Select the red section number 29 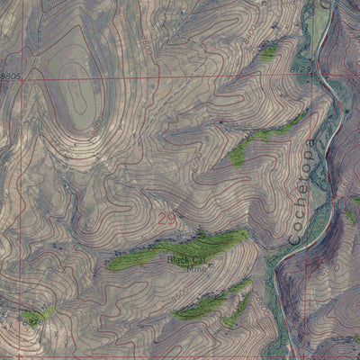pos(166,219)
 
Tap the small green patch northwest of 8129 pos(268,54)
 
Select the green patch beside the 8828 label pos(43,312)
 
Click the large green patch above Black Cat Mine pos(180,247)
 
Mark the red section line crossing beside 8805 pos(23,77)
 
